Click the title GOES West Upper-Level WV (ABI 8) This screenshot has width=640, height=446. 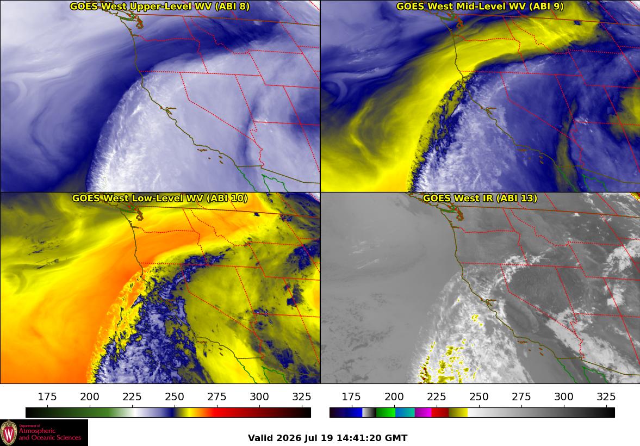(160, 6)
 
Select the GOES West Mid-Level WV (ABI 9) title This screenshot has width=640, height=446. (480, 6)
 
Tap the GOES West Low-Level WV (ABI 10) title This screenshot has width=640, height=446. (160, 198)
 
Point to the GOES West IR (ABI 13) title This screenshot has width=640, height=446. (480, 198)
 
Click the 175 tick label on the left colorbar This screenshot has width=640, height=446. (47, 397)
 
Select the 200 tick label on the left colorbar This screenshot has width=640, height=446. (90, 397)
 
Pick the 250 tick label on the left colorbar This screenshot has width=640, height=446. (175, 397)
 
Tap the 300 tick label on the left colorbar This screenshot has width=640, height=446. (259, 397)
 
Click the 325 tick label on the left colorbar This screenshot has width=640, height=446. (302, 397)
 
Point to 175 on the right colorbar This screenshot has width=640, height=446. (351, 397)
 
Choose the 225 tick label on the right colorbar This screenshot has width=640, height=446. (436, 397)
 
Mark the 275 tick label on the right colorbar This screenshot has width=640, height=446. (521, 397)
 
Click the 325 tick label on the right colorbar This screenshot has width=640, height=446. (606, 397)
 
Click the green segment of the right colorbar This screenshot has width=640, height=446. (386, 412)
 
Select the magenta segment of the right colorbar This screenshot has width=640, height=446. (423, 412)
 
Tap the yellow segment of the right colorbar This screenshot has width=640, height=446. (458, 412)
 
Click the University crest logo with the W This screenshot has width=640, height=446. (9, 433)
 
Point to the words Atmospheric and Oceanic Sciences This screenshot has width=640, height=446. (50, 434)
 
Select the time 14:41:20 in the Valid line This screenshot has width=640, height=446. (359, 438)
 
